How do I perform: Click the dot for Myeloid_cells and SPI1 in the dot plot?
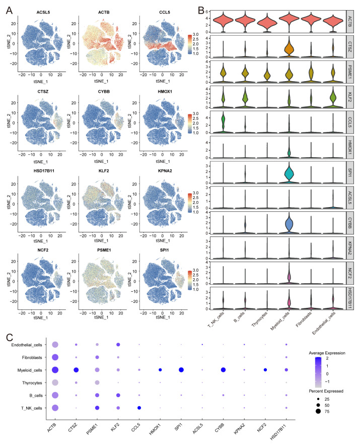(x=181, y=370)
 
